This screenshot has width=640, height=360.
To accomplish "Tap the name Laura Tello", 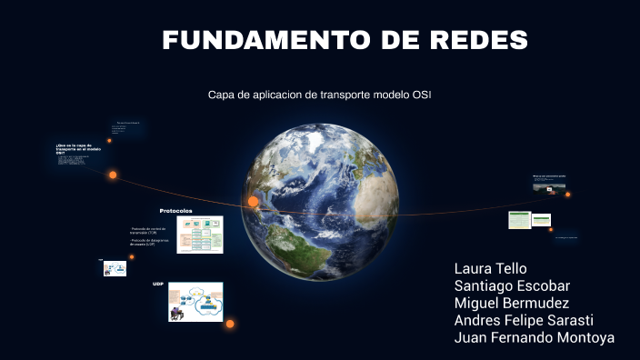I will [490, 269].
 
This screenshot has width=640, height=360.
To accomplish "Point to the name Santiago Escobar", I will [512, 285].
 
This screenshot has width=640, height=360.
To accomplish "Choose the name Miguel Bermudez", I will [511, 303].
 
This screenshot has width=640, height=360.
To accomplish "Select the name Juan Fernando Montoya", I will [534, 337].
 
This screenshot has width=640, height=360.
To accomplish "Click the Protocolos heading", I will [175, 210].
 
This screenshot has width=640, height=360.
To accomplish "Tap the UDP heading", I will [158, 284].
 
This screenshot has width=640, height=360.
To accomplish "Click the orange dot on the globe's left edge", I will [253, 201].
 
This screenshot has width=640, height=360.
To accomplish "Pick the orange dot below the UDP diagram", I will [230, 324].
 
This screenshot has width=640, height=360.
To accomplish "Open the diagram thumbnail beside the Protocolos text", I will [200, 235].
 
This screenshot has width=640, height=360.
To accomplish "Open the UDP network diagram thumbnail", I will [195, 301].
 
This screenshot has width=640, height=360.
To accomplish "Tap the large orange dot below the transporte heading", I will [113, 175].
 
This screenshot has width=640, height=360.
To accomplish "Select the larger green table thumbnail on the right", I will [519, 220].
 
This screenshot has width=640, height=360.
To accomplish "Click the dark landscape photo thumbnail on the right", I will [548, 185].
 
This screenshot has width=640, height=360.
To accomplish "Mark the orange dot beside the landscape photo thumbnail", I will [568, 194].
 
